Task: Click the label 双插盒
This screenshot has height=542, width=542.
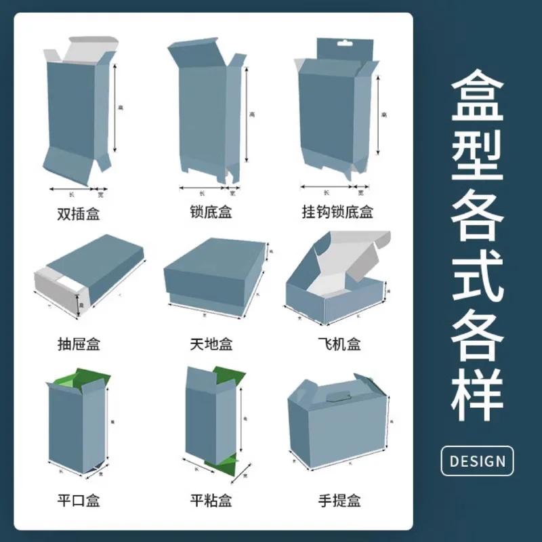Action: coord(78,214)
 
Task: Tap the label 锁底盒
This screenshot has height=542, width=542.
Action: coord(211,213)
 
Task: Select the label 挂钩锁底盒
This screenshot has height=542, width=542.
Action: coord(337,213)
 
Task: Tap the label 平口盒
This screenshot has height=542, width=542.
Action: coord(78,501)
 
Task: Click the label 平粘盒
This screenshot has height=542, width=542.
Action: coord(211,501)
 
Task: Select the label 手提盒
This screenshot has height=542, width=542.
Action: coord(339,501)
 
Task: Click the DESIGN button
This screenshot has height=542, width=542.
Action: coord(477,461)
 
